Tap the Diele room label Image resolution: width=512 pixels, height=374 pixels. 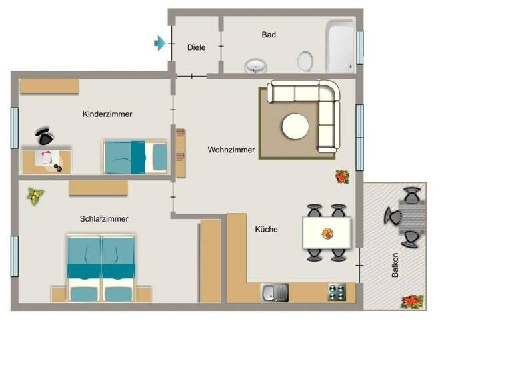(x=196, y=47)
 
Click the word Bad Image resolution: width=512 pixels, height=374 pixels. (x=269, y=35)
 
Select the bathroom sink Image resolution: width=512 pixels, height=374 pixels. (x=255, y=65)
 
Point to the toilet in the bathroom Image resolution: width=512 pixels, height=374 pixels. (x=305, y=61)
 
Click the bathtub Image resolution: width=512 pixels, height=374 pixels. (x=340, y=46)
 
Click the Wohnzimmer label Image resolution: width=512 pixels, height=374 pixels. (x=231, y=150)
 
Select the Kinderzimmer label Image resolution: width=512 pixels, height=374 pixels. (x=107, y=114)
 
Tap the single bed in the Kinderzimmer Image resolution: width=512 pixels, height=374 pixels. (x=135, y=156)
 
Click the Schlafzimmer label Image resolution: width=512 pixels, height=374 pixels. (x=104, y=219)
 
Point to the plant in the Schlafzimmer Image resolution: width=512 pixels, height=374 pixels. (x=35, y=196)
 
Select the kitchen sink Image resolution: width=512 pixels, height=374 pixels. (x=274, y=292)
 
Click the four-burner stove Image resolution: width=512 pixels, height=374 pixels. (x=337, y=292)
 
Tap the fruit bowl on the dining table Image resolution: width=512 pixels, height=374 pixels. (x=327, y=233)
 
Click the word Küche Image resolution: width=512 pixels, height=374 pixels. (x=266, y=230)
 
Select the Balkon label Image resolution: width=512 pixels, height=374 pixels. (x=395, y=266)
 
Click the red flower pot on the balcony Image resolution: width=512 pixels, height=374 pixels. (x=411, y=301)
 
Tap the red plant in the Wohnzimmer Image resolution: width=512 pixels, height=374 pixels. (x=342, y=176)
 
